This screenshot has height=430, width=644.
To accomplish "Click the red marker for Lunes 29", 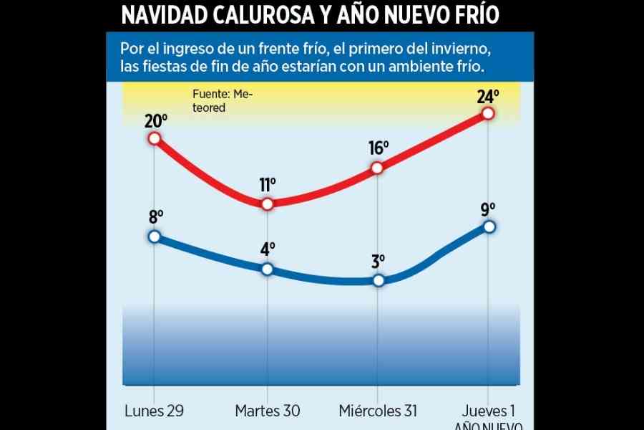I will [x=155, y=138].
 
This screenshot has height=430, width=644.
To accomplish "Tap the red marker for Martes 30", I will [x=267, y=204].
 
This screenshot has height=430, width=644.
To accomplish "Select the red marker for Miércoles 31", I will [x=378, y=168].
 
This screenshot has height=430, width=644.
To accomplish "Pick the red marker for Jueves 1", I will [x=488, y=113].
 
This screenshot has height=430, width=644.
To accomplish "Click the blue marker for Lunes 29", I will [x=155, y=236].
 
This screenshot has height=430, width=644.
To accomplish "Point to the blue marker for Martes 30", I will [x=267, y=269].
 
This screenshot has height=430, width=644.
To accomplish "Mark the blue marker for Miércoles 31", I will [x=379, y=280].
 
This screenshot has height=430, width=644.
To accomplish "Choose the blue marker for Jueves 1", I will [x=489, y=226].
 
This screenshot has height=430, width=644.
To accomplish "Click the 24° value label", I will [x=487, y=95].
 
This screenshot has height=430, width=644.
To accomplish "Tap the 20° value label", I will [x=155, y=120].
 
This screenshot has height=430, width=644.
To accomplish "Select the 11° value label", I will [x=267, y=185].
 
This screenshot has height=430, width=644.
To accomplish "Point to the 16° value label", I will [x=379, y=148].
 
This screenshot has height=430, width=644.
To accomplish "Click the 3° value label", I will [x=379, y=261].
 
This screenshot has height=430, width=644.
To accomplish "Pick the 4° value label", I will [x=268, y=249].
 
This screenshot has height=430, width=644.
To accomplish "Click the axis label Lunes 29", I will [x=155, y=411].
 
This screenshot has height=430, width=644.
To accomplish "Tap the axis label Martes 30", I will [x=267, y=411].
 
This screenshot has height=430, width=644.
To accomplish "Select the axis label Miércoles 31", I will [x=378, y=411].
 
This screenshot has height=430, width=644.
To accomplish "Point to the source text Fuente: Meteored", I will [x=222, y=101].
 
